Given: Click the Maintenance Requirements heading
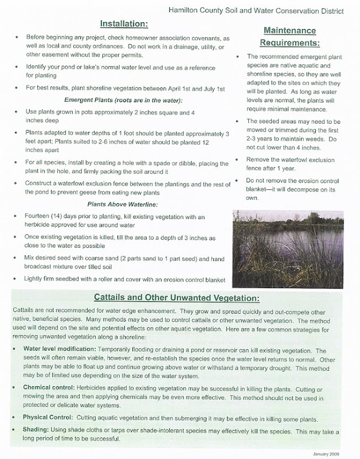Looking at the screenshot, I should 290,36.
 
